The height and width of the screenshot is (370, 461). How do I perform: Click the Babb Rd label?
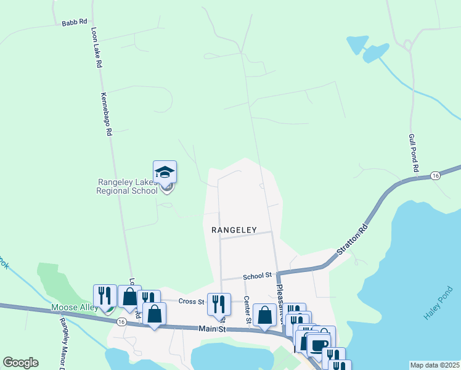point(74,23)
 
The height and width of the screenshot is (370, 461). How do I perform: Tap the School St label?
point(257,276)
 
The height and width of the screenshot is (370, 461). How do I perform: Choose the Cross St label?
point(191,302)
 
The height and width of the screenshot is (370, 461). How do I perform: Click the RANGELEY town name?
point(234,229)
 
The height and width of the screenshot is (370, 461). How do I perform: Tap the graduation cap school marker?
point(165,172)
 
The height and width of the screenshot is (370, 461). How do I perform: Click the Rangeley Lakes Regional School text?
point(127,186)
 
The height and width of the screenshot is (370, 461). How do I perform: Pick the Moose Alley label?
point(73,307)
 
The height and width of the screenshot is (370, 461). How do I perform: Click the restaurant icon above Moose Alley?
point(105,295)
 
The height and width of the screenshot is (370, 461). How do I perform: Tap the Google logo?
point(20,363)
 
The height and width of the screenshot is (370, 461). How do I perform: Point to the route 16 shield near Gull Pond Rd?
point(436,176)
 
